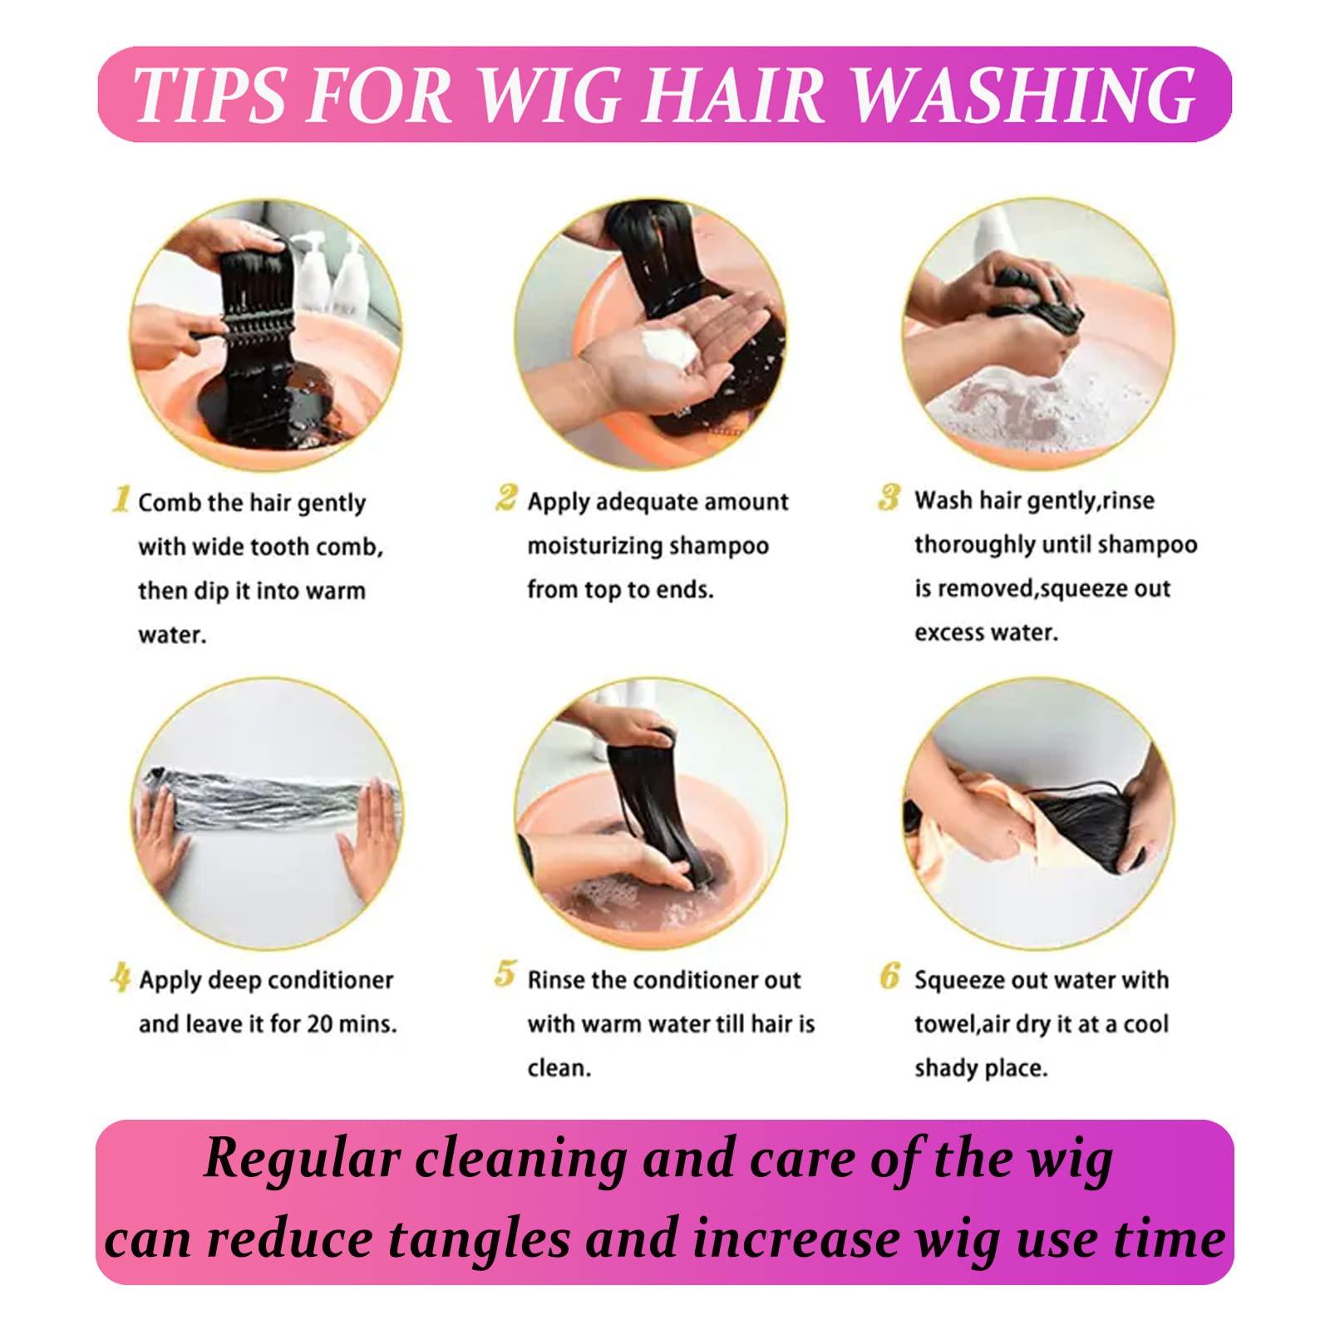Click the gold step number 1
121,500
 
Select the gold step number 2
505,499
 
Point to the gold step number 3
889,498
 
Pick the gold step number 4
121,978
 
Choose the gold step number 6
889,976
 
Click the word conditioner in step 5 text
696,980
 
